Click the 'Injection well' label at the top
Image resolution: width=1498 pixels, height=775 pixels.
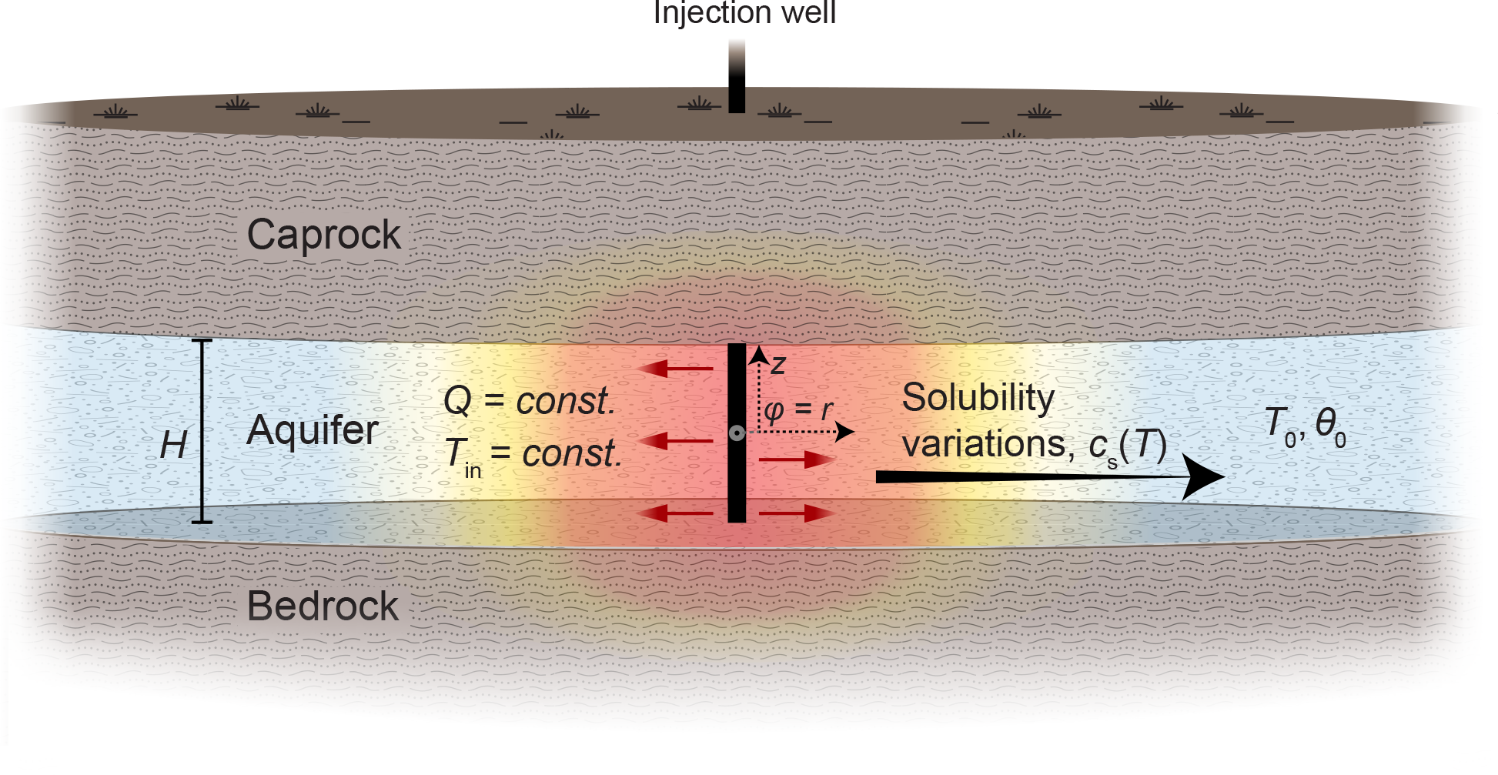[x=744, y=13]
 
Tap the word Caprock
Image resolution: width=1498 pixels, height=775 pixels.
[x=323, y=234]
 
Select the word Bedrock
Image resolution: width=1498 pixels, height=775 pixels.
[x=323, y=606]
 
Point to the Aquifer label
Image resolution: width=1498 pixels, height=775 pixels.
[x=313, y=429]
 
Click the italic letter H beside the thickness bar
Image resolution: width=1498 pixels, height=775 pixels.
[x=173, y=445]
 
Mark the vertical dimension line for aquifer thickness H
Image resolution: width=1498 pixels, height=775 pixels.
[x=202, y=431]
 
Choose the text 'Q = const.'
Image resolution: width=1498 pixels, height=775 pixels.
[x=530, y=400]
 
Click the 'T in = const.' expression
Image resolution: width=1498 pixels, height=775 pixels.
[x=533, y=454]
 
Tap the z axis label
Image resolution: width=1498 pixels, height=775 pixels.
[x=778, y=363]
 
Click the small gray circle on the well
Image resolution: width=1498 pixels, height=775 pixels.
[x=737, y=433]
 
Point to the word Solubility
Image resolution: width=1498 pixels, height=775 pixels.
[x=978, y=398]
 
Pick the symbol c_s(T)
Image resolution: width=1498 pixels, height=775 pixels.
[x=1128, y=446]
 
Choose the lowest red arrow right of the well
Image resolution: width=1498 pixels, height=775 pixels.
[x=797, y=513]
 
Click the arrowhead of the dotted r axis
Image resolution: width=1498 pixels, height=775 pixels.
[x=846, y=432]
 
